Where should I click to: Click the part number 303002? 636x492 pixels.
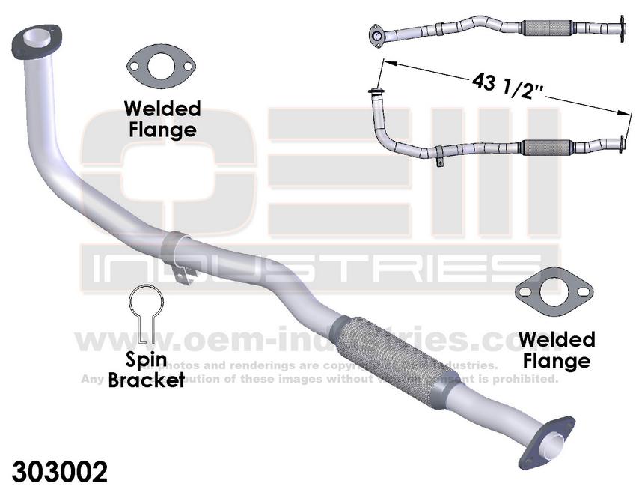(60, 471)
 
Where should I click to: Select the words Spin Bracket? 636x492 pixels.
(146, 370)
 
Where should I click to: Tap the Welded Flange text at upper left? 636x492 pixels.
(162, 118)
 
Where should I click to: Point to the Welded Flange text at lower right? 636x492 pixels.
(557, 350)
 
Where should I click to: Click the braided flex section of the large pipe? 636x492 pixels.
(388, 353)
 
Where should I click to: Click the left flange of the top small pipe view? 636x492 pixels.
(379, 34)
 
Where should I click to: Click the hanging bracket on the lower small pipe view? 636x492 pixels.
(436, 160)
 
